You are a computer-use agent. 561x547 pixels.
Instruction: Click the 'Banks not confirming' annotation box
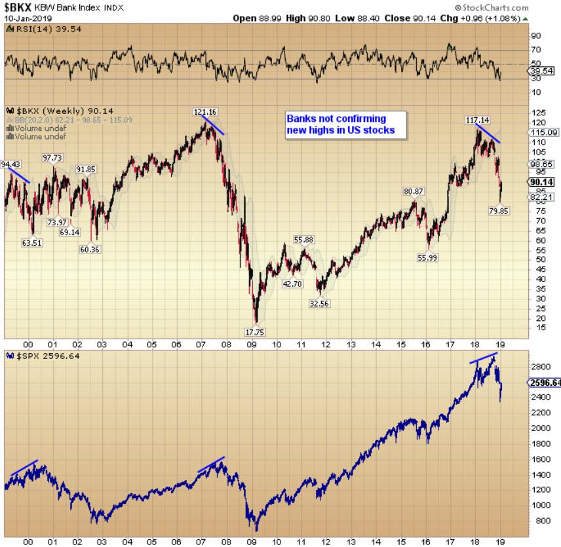point(345,124)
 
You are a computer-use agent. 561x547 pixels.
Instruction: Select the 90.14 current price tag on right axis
point(542,182)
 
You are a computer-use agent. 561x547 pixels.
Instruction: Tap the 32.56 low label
point(319,303)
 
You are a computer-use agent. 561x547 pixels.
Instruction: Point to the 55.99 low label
point(427,257)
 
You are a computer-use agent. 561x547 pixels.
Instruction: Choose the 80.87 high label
point(414,191)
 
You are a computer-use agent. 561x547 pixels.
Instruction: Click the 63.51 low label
point(32,243)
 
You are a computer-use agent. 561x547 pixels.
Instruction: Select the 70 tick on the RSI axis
point(535,50)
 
